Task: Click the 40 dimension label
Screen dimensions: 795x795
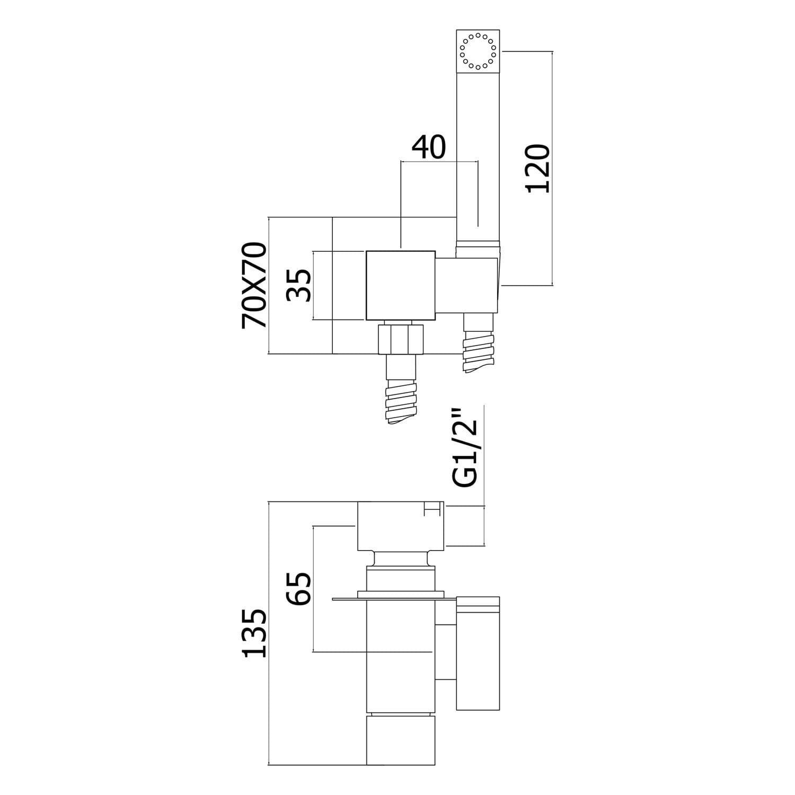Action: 429,148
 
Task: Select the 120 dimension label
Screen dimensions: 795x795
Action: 537,169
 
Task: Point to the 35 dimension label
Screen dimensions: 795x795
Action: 299,285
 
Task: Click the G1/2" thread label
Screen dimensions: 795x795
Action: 466,453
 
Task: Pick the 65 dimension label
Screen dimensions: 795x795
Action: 299,588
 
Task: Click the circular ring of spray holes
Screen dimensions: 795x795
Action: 478,51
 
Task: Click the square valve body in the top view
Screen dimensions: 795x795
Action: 401,285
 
